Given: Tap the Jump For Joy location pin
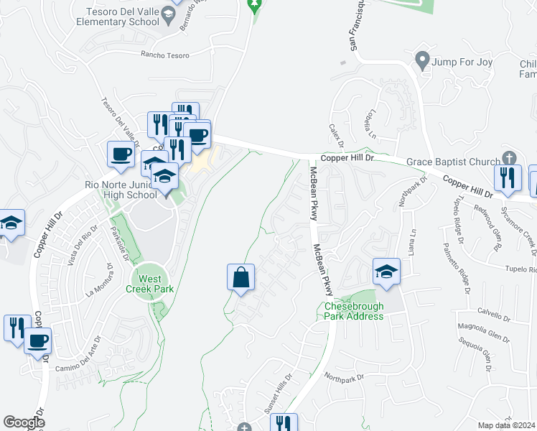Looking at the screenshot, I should pos(422,60).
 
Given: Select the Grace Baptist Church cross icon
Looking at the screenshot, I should pos(509,158).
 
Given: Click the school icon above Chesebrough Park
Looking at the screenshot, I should pos(386,272).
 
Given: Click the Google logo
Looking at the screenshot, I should pos(24,422).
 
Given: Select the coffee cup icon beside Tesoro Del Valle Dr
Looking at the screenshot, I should pos(120,154).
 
